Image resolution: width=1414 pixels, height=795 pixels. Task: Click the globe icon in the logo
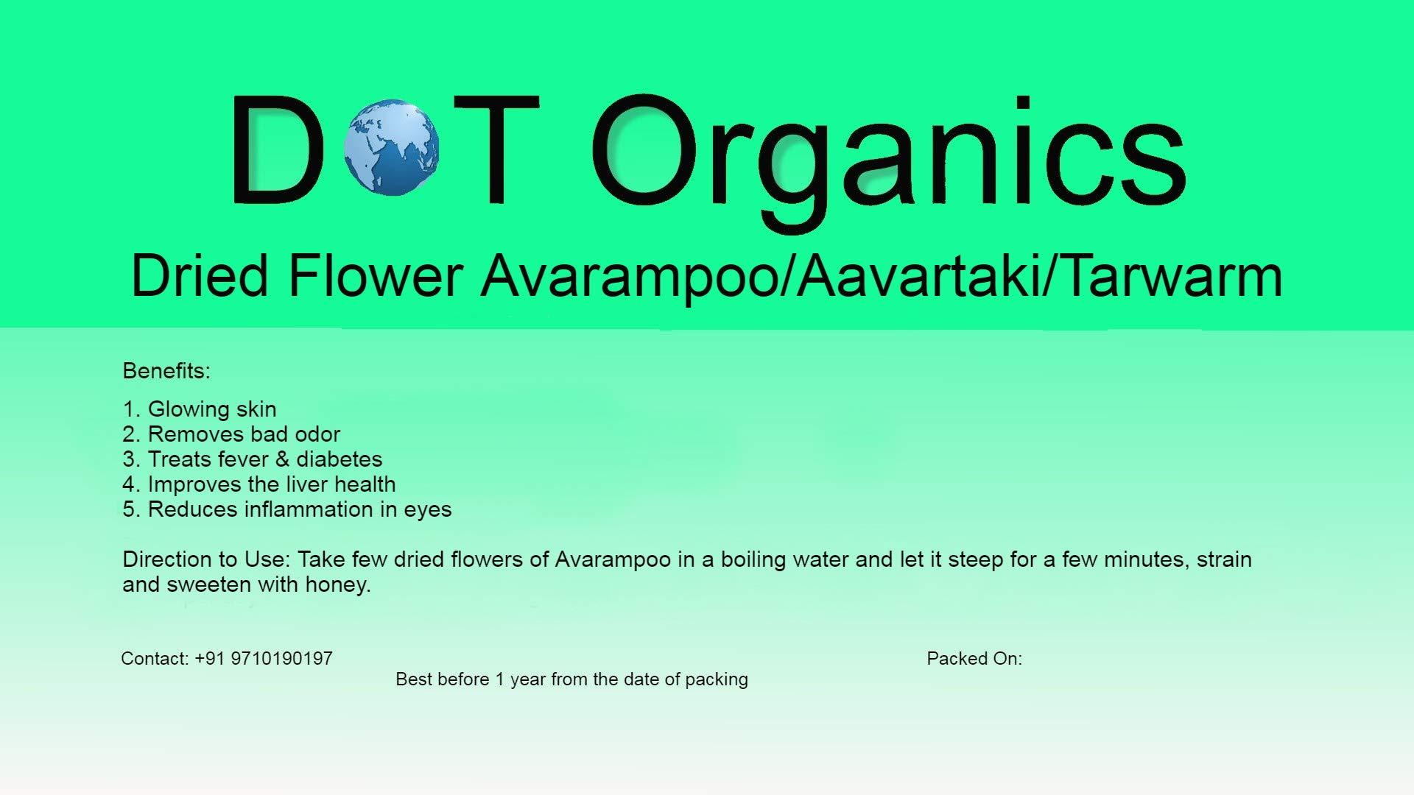tap(393, 147)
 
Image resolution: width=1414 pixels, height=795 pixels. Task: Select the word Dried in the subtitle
tap(200, 276)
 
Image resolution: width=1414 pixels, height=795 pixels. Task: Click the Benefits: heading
tap(166, 371)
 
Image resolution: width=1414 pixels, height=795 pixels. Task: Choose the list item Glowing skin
tap(212, 409)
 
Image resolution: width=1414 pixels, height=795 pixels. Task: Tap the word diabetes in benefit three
tap(340, 459)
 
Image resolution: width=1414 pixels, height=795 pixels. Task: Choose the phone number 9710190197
tap(281, 659)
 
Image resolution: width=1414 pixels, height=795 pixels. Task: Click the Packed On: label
tap(974, 659)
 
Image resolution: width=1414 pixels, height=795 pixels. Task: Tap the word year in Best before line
tap(528, 679)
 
